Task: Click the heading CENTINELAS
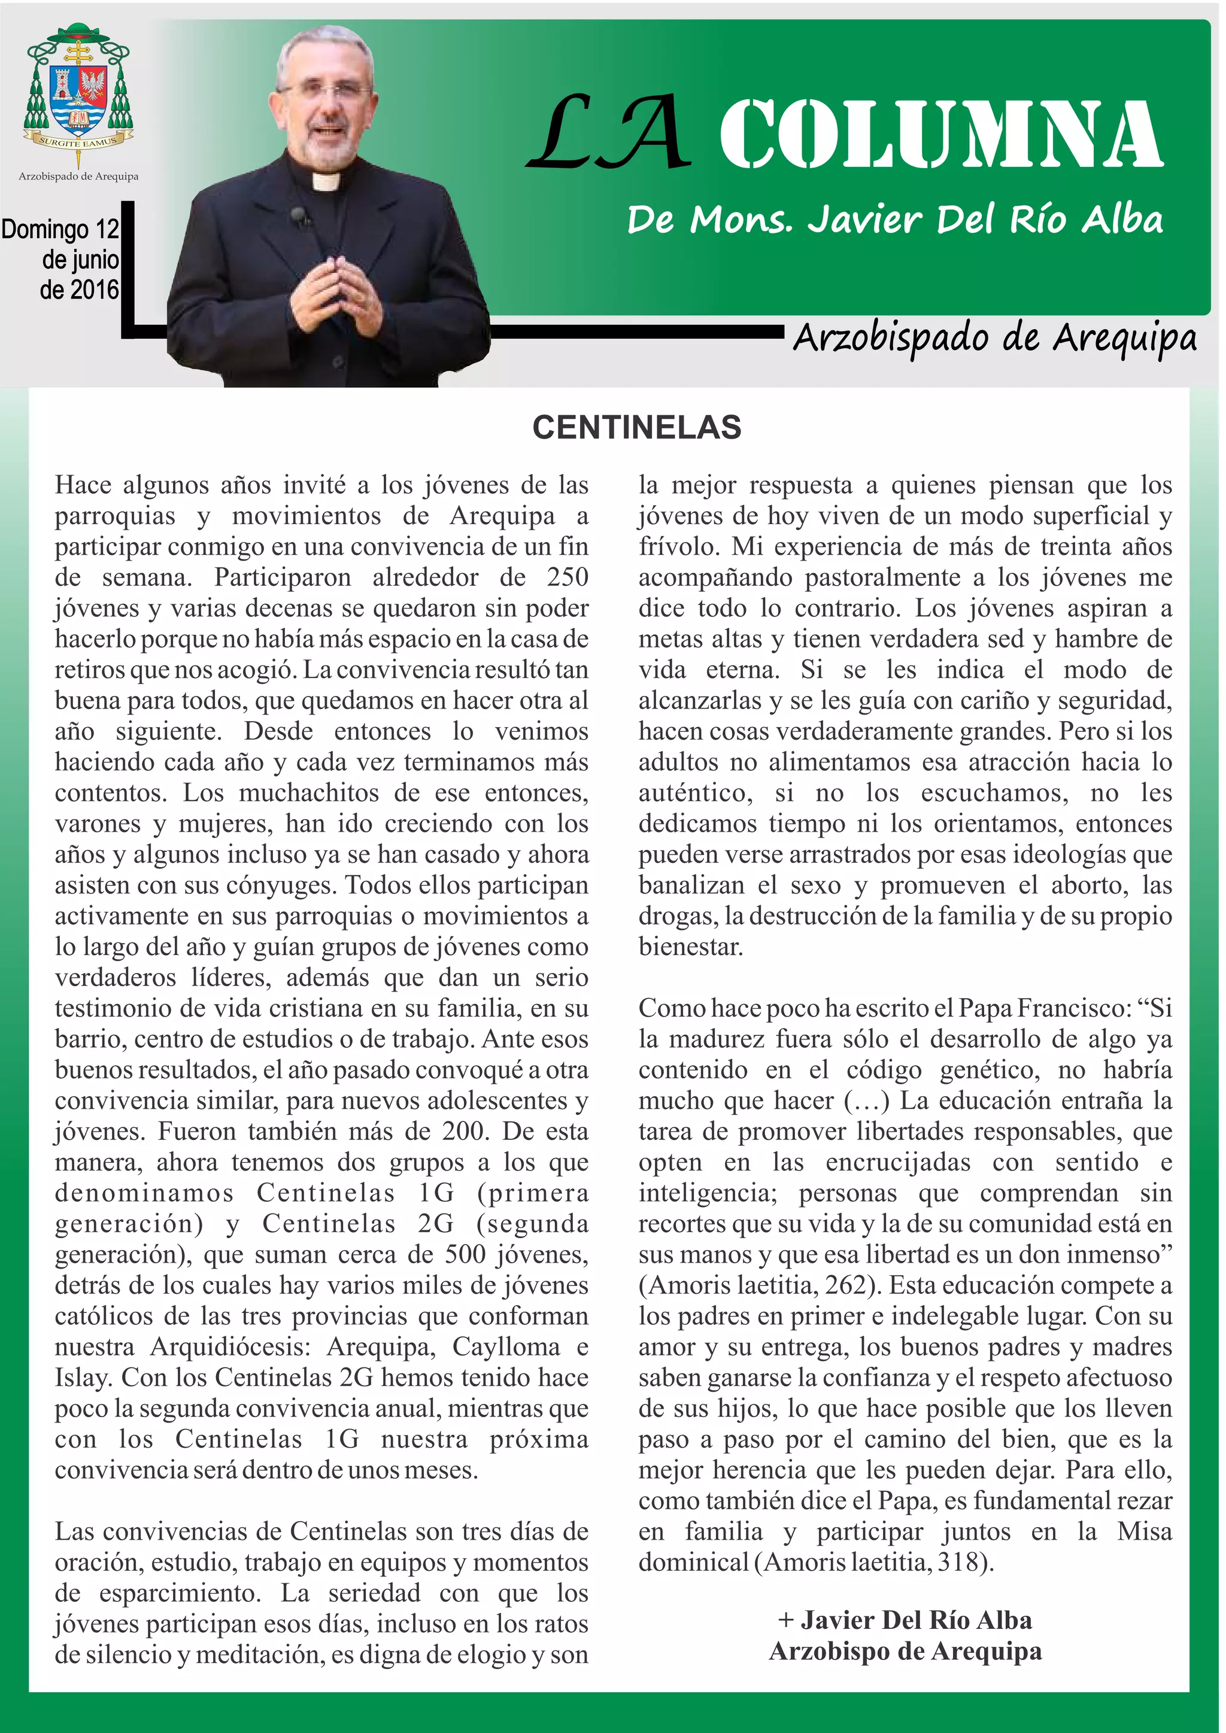[636, 428]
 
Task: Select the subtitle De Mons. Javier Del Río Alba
[894, 220]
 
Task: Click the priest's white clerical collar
[327, 181]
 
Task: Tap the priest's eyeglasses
[326, 90]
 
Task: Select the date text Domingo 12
[60, 229]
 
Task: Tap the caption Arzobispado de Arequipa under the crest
[78, 176]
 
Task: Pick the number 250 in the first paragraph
[567, 577]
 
